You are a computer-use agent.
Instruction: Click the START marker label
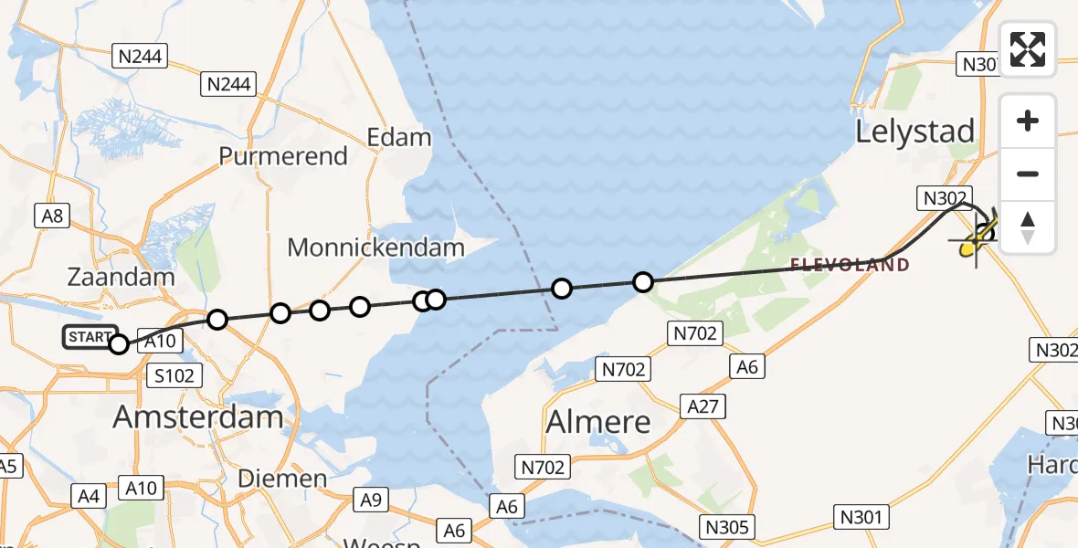[x=90, y=337]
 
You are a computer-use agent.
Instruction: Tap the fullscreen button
[x=1028, y=49]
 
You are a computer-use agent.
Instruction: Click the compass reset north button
[x=1028, y=227]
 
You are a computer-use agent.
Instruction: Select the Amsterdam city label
[x=197, y=417]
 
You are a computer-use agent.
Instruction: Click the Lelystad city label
[x=915, y=132]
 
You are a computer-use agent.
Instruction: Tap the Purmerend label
[x=283, y=156]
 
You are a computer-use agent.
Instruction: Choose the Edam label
[x=398, y=138]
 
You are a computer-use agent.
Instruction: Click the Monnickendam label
[x=375, y=247]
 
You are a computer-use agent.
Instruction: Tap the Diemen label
[x=282, y=479]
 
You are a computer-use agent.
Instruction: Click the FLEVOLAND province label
[x=850, y=266]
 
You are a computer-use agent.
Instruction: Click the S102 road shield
[x=174, y=375]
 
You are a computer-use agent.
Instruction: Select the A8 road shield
[x=52, y=216]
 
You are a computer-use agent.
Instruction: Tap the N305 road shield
[x=728, y=526]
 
